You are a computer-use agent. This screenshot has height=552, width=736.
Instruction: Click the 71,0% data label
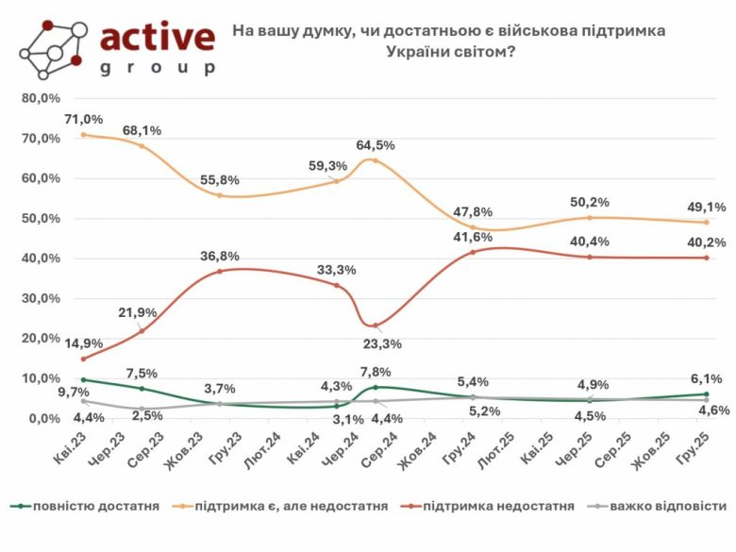tap(84, 119)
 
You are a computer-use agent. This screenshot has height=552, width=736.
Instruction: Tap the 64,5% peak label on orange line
tap(375, 145)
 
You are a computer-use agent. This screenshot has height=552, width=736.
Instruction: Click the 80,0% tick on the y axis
tap(41, 98)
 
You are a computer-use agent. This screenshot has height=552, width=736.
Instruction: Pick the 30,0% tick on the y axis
tap(41, 298)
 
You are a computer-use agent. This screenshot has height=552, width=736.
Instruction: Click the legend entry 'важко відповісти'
tap(661, 507)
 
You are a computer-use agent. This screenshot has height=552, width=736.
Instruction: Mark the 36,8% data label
tap(219, 256)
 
